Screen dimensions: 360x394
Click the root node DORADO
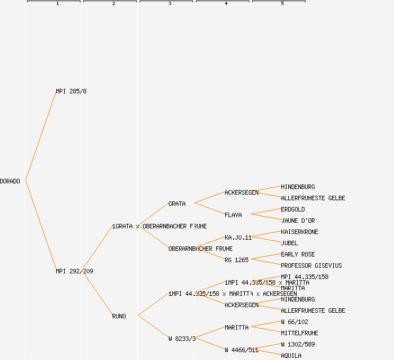[10, 181]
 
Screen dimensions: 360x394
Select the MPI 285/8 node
[71, 91]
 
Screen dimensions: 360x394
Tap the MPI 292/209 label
[74, 271]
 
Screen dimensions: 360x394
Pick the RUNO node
[119, 316]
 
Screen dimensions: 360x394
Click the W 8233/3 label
[182, 339]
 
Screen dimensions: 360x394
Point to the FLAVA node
[233, 215]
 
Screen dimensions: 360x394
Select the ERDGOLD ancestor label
[293, 209]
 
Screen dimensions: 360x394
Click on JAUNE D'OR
[298, 220]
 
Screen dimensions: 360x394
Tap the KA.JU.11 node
[238, 237]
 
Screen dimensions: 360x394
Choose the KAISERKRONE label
[299, 232]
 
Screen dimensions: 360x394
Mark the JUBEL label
[289, 243]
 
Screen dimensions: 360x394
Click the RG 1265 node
[236, 260]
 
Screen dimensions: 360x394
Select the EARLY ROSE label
[298, 254]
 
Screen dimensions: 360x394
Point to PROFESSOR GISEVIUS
[311, 265]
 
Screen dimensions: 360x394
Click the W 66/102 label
[294, 322]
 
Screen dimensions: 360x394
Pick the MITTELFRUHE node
[299, 333]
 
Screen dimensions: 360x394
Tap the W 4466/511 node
[241, 350]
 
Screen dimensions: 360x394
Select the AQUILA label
[291, 355]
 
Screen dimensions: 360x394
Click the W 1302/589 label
[298, 344]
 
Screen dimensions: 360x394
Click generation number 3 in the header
[169, 4]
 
